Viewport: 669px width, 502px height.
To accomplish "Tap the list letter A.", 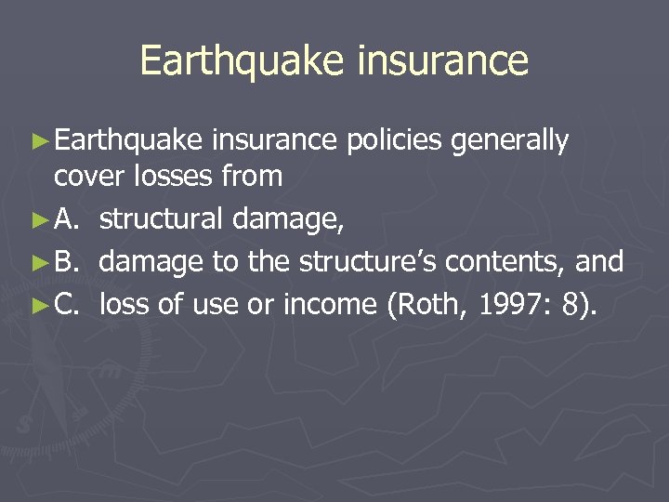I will click(66, 219).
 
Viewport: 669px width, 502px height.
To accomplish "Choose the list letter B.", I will click(66, 262).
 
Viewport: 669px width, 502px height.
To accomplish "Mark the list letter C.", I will click(66, 303).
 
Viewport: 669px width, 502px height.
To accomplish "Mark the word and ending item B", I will click(599, 262).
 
